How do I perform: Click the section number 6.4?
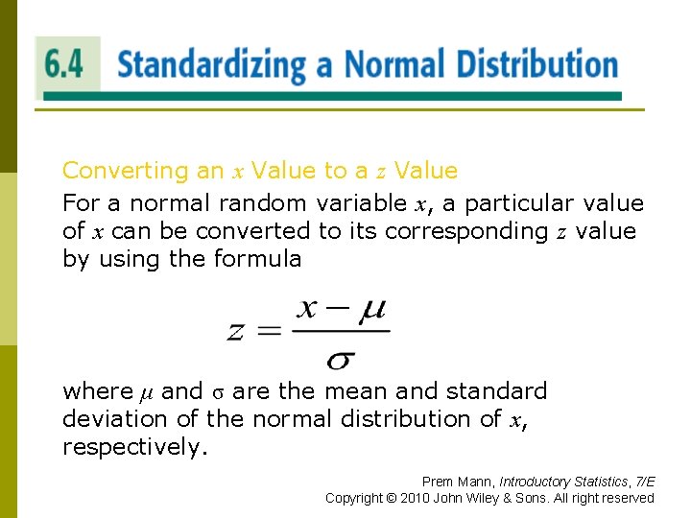[63, 65]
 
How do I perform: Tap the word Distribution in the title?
[537, 65]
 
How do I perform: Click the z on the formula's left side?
[236, 332]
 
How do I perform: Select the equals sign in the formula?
[270, 332]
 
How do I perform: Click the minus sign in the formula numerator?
[336, 311]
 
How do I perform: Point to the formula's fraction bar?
[340, 333]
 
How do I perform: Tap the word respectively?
[133, 448]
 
